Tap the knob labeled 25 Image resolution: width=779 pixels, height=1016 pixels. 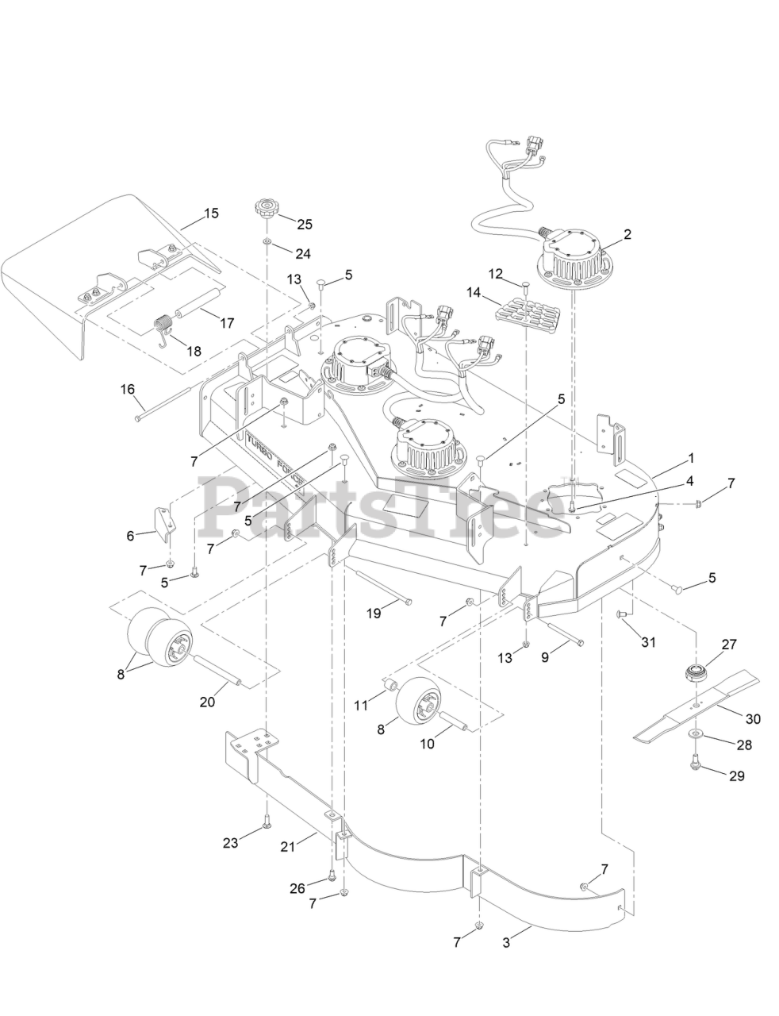(x=263, y=212)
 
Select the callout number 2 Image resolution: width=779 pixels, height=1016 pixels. (x=627, y=234)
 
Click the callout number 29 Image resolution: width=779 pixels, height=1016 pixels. (x=737, y=775)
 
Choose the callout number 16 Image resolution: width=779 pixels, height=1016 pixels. (x=128, y=389)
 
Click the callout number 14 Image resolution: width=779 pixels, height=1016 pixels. (x=474, y=292)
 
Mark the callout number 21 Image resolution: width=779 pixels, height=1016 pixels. (x=286, y=847)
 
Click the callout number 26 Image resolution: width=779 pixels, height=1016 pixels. (x=297, y=888)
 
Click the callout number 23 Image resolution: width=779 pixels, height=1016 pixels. (x=230, y=843)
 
